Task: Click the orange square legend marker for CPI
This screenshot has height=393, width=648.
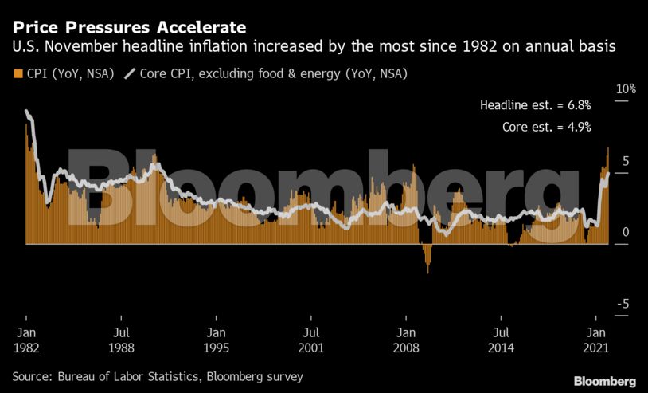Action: click(x=18, y=74)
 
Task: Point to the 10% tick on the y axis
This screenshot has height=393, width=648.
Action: click(x=627, y=89)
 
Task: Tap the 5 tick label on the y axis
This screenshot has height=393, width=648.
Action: click(x=626, y=161)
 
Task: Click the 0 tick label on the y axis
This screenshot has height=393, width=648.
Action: click(x=626, y=232)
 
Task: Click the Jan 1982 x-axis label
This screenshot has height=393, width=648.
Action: click(x=26, y=340)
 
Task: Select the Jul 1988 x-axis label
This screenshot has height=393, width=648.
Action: click(x=121, y=340)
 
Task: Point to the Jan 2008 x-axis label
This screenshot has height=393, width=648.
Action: click(x=405, y=340)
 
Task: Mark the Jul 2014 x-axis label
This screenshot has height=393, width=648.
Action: click(x=500, y=340)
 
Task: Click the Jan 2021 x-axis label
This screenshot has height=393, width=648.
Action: click(x=595, y=340)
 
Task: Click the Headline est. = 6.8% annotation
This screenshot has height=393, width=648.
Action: click(x=535, y=105)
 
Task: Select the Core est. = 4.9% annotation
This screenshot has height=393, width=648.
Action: click(x=546, y=126)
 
